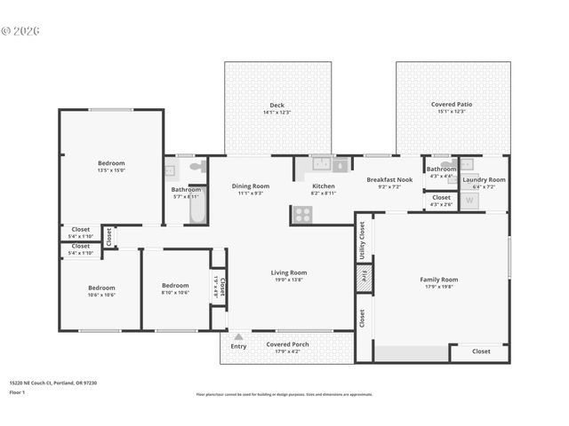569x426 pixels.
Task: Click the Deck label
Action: (277, 105)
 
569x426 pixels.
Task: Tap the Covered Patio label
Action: (453, 105)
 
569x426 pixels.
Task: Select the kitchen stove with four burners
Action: (302, 214)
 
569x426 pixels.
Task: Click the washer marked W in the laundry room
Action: (469, 201)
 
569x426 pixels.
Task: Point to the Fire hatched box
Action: (363, 277)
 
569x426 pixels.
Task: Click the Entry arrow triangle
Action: (237, 337)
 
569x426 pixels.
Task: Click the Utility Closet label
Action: (363, 240)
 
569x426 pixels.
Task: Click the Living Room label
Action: (289, 272)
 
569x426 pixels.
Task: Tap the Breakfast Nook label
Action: (389, 179)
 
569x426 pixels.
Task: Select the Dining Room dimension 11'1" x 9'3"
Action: (250, 193)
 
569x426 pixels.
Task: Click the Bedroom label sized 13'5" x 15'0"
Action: (111, 163)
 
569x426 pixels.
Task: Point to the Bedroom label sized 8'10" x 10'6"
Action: (175, 287)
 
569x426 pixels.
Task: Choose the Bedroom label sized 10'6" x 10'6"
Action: (101, 288)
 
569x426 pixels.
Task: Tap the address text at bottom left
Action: (52, 383)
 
